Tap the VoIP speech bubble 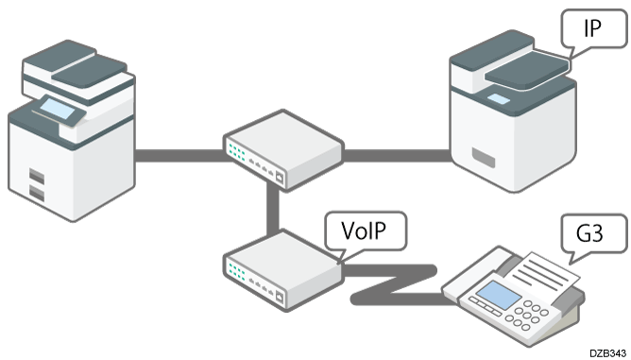tap(361, 231)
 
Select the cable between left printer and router tap(179, 154)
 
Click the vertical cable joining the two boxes tap(273, 208)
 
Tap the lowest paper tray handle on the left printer tap(37, 195)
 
